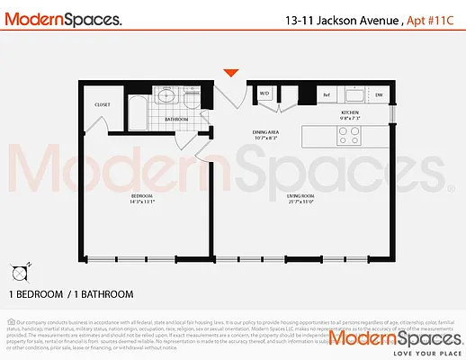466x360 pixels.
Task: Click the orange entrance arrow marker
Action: [232, 73]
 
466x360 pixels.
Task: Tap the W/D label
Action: [265, 94]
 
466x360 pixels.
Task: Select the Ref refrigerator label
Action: [327, 94]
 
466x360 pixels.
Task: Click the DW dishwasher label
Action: [379, 94]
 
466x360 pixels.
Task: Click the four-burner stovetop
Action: [347, 135]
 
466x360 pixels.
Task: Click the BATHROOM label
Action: [175, 119]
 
